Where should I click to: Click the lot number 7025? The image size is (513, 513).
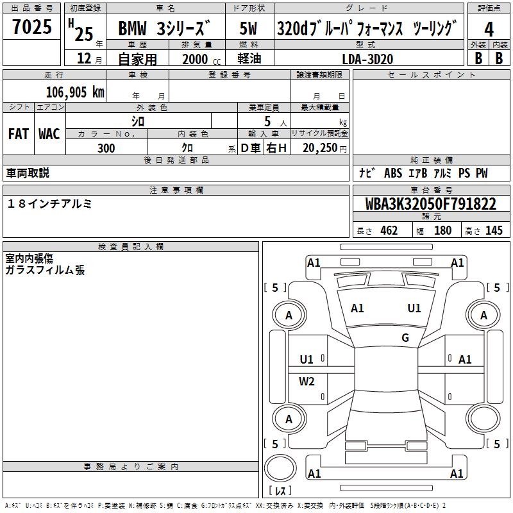pos(32,26)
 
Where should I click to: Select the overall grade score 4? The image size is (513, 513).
pos(489,29)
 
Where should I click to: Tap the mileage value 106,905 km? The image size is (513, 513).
pos(75,92)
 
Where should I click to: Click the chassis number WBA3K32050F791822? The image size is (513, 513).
pos(430,204)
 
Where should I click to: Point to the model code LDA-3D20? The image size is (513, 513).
pos(367,59)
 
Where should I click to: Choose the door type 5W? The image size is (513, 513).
pos(248,28)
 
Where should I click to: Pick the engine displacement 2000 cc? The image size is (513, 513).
pos(201,59)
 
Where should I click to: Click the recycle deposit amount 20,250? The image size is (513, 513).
pos(319,148)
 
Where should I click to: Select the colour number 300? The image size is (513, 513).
pos(106,148)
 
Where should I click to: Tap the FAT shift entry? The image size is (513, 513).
pos(19,134)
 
